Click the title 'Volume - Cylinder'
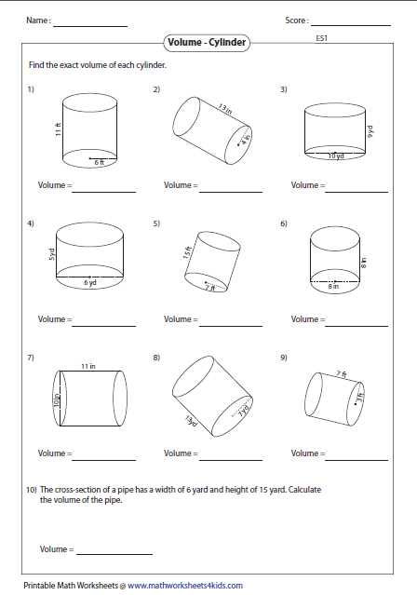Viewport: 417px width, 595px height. [x=208, y=42]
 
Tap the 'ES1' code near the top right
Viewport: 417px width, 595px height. [x=322, y=38]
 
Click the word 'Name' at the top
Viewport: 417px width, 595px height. [x=37, y=20]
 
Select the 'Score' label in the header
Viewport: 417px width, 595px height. [x=296, y=20]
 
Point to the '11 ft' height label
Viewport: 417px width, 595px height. [x=57, y=132]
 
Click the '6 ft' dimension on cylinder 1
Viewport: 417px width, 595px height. [x=99, y=162]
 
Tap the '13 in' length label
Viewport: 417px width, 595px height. [x=223, y=110]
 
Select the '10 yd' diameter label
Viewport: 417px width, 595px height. [x=335, y=156]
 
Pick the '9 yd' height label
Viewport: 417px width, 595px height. [x=369, y=132]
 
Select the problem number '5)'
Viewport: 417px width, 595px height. [x=157, y=223]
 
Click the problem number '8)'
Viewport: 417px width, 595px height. [x=157, y=357]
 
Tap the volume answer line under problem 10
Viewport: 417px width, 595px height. [x=113, y=554]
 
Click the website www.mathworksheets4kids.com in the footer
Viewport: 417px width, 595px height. [x=184, y=586]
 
